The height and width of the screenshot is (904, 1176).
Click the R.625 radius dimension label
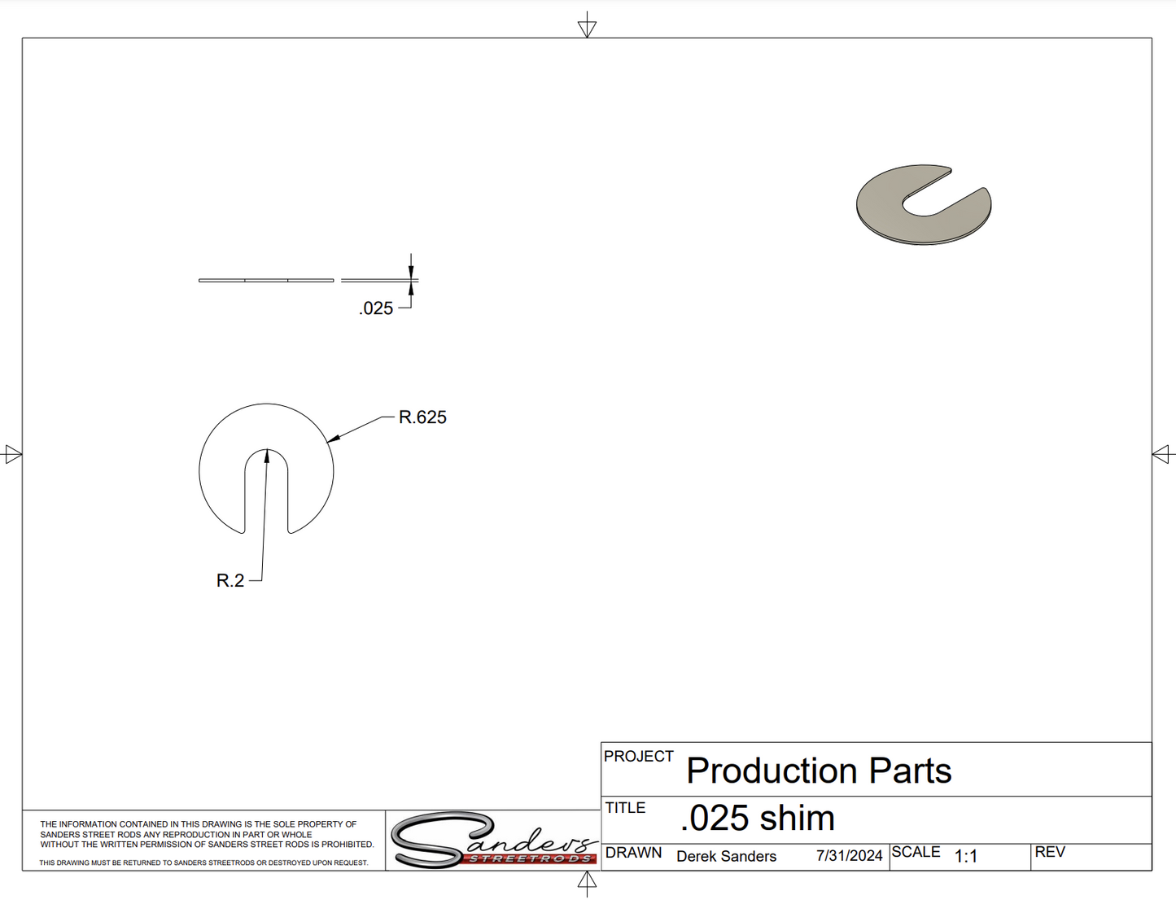pos(422,417)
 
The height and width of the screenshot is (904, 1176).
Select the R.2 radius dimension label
pos(230,580)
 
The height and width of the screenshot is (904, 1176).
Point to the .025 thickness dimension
pos(375,308)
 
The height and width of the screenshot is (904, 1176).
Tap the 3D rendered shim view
pos(924,205)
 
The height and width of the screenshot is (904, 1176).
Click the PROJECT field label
pos(639,756)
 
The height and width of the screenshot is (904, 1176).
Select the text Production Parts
pos(819,771)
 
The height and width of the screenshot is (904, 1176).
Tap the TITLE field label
pos(625,808)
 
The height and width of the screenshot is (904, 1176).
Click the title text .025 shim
pos(757,818)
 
